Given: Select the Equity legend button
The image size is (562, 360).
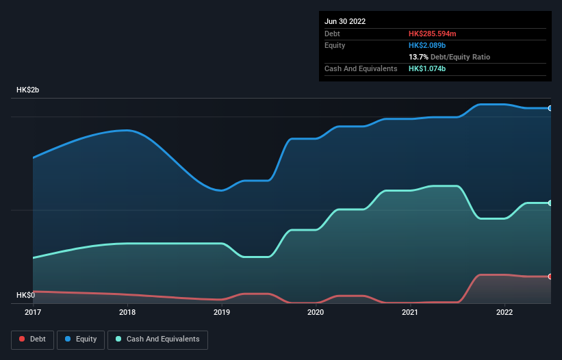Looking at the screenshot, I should coord(81,339).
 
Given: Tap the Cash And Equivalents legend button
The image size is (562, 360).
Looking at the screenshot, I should coord(157,339).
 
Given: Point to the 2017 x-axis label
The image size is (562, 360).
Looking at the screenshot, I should coord(33,312).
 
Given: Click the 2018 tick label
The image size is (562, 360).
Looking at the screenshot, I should coord(127,312).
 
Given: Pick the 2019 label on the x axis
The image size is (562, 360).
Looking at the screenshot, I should coord(222,312).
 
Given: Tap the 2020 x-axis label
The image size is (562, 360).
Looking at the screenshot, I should coord(316,312).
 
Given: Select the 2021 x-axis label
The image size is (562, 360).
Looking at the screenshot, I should coord(410,312).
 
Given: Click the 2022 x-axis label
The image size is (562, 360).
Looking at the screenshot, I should coord(504,312).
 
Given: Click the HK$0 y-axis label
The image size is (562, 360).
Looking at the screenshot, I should coord(25,295).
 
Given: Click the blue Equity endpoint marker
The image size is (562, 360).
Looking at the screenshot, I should coord(550,108).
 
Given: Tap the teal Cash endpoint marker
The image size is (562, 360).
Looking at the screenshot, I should coord(550,203).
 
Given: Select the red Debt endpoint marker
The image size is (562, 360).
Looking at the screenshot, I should coord(550,277).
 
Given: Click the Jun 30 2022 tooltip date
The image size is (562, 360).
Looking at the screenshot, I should coord(345,21).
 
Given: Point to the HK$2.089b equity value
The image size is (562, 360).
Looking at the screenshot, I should coord(427,45).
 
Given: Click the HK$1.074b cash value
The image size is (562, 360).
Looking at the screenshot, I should coord(427,68).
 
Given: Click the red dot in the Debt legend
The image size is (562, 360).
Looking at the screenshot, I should coord(22,339).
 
